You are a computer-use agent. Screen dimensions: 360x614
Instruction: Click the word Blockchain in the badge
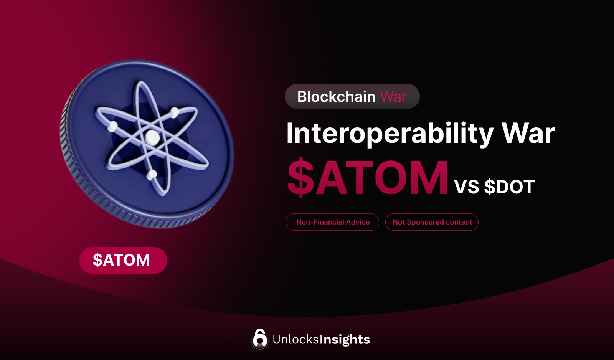[x=336, y=97]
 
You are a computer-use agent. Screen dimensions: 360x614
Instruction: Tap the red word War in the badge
[x=393, y=97]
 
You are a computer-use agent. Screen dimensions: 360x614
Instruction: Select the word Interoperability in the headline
[x=390, y=134]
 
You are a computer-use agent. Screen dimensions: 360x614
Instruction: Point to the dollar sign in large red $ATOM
[x=301, y=177]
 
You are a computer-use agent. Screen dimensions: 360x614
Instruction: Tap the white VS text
[x=467, y=187]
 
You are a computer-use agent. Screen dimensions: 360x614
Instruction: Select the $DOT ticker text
[x=509, y=187]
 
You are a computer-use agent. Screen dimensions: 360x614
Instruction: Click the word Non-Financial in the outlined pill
[x=320, y=222]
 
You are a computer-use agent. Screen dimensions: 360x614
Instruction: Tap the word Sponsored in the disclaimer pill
[x=425, y=222]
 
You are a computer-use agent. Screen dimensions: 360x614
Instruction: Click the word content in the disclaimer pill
[x=459, y=222]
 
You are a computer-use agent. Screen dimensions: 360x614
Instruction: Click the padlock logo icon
[x=260, y=339]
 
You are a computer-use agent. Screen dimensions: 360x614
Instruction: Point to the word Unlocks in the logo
[x=295, y=339]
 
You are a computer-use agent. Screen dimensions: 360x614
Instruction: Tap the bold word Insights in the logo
[x=345, y=340]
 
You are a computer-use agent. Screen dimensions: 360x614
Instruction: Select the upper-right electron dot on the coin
[x=175, y=112]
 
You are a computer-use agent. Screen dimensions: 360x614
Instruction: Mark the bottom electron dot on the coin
[x=152, y=175]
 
